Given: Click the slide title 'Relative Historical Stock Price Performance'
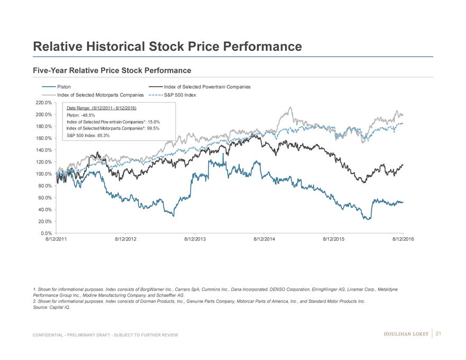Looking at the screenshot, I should pos(167,47).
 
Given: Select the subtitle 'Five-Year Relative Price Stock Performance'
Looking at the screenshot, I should pos(112,70).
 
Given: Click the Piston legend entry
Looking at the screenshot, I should pos(64,87).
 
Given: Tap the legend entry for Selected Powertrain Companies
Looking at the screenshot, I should pos(207,87).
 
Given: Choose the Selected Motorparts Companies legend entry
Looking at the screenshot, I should pos(100,95).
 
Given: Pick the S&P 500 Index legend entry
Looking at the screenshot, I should pos(180,95).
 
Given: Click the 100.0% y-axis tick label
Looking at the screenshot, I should pos(43,174).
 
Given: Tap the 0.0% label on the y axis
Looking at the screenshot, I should pos(46,233).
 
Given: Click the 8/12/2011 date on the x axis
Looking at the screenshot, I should pos(56,240).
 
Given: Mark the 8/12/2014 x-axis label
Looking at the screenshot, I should pos(264,240).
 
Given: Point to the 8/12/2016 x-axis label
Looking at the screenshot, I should pos(403,240).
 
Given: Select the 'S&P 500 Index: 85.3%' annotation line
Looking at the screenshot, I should pos(88,135).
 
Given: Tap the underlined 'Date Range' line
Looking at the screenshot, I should pos(101,109).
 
